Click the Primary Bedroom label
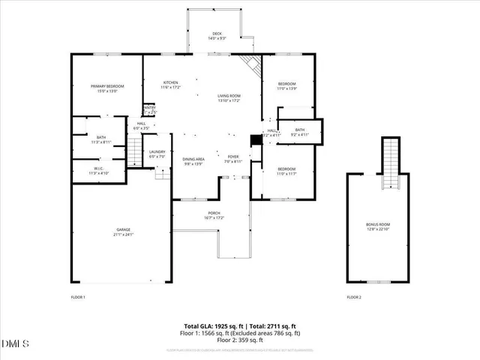coord(107,86)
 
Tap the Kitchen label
coord(170,82)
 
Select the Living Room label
coord(229,96)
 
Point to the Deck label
coord(217,33)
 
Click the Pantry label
coord(149,108)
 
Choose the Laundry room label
coord(157,152)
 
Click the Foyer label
coord(233,157)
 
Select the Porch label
coord(214,213)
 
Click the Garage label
coord(123,229)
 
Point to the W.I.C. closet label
coord(99,169)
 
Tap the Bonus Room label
coord(378,224)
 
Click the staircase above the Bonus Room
coord(390,162)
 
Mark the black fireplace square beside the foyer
coord(256,140)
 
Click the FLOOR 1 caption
coord(78,298)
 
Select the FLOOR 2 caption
coord(354,298)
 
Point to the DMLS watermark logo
coord(13,343)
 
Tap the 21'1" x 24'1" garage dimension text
coord(123,235)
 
